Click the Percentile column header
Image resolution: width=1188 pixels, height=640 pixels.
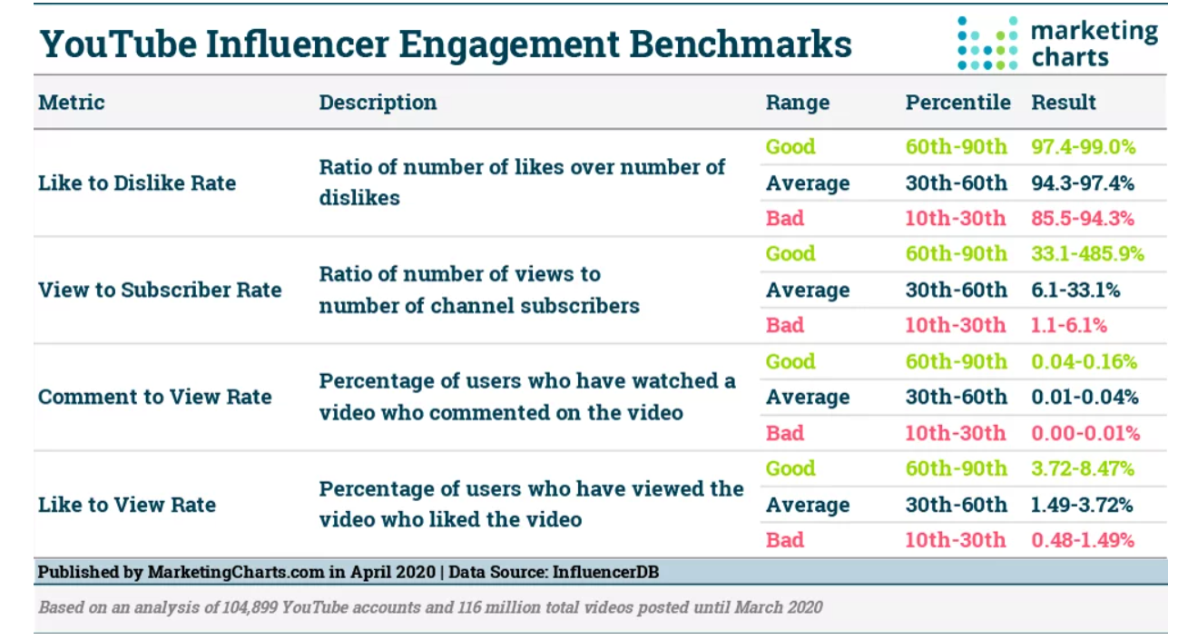pyautogui.click(x=957, y=102)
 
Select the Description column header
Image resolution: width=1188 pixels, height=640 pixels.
pyautogui.click(x=378, y=103)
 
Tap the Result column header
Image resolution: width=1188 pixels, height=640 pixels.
pyautogui.click(x=1064, y=102)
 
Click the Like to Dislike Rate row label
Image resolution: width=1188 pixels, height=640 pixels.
pyautogui.click(x=137, y=182)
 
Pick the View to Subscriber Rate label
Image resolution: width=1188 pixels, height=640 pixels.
pyautogui.click(x=160, y=290)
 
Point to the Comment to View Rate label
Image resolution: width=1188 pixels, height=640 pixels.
pyautogui.click(x=155, y=397)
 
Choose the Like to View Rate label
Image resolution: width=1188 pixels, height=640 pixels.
pyautogui.click(x=127, y=504)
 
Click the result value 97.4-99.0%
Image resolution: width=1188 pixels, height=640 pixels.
pyautogui.click(x=1084, y=146)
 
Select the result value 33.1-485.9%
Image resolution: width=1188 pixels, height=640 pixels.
pyautogui.click(x=1088, y=253)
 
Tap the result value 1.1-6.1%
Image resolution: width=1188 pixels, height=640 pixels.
pyautogui.click(x=1069, y=325)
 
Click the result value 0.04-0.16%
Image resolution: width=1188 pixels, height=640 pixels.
pyautogui.click(x=1084, y=361)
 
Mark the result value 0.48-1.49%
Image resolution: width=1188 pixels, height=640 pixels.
pyautogui.click(x=1083, y=540)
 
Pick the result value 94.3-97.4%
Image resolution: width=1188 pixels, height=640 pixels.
pyautogui.click(x=1083, y=183)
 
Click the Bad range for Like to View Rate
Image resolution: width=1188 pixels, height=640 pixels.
pyautogui.click(x=785, y=540)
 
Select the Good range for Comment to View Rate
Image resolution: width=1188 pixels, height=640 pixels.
pyautogui.click(x=790, y=361)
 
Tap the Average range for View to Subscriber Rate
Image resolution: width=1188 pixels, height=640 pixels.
pyautogui.click(x=808, y=290)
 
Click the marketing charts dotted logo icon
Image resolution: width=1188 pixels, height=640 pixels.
pyautogui.click(x=987, y=43)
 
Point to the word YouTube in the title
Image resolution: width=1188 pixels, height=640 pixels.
pyautogui.click(x=118, y=44)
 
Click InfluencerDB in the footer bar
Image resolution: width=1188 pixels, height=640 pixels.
pyautogui.click(x=605, y=572)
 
